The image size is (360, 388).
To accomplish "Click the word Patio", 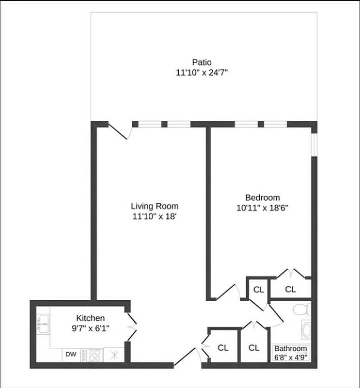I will click(x=202, y=62).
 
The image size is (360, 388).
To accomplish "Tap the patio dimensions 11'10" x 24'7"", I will click(x=202, y=73).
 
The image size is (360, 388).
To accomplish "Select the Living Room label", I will click(x=155, y=206).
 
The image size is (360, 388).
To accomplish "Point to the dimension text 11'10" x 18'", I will click(x=155, y=217).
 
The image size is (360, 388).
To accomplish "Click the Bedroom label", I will click(x=263, y=197).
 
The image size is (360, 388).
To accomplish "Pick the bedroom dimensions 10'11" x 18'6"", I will click(x=263, y=209).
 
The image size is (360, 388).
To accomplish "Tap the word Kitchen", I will click(x=91, y=318).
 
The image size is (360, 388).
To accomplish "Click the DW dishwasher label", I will click(x=71, y=354).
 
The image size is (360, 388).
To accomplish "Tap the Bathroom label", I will click(x=291, y=349).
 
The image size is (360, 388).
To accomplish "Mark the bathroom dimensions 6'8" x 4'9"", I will click(x=291, y=358).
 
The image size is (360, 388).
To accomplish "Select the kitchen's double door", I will click(x=132, y=327).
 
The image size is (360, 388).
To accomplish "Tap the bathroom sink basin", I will click(x=305, y=331).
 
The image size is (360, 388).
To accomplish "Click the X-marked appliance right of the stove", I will click(x=114, y=355).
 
